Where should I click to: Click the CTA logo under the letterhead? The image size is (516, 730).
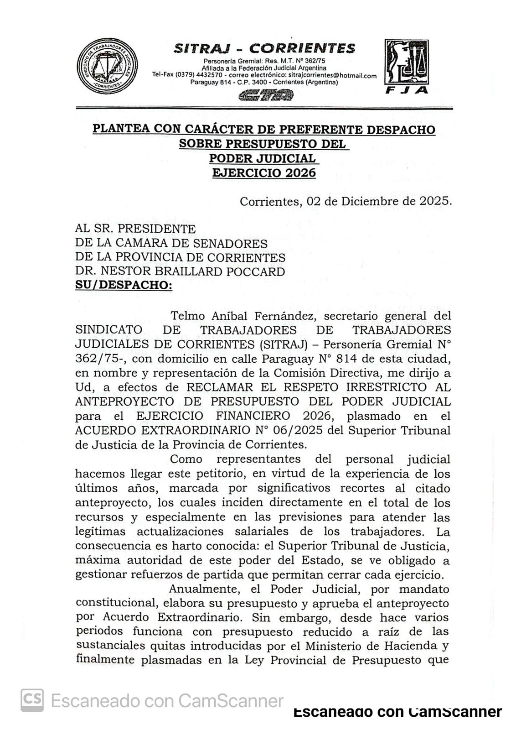coord(266,95)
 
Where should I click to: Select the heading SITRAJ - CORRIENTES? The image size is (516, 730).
coord(264,48)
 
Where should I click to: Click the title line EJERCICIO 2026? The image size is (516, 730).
coord(264,173)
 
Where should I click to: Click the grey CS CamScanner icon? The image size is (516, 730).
coord(32,700)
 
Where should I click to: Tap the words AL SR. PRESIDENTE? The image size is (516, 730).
coord(135,228)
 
